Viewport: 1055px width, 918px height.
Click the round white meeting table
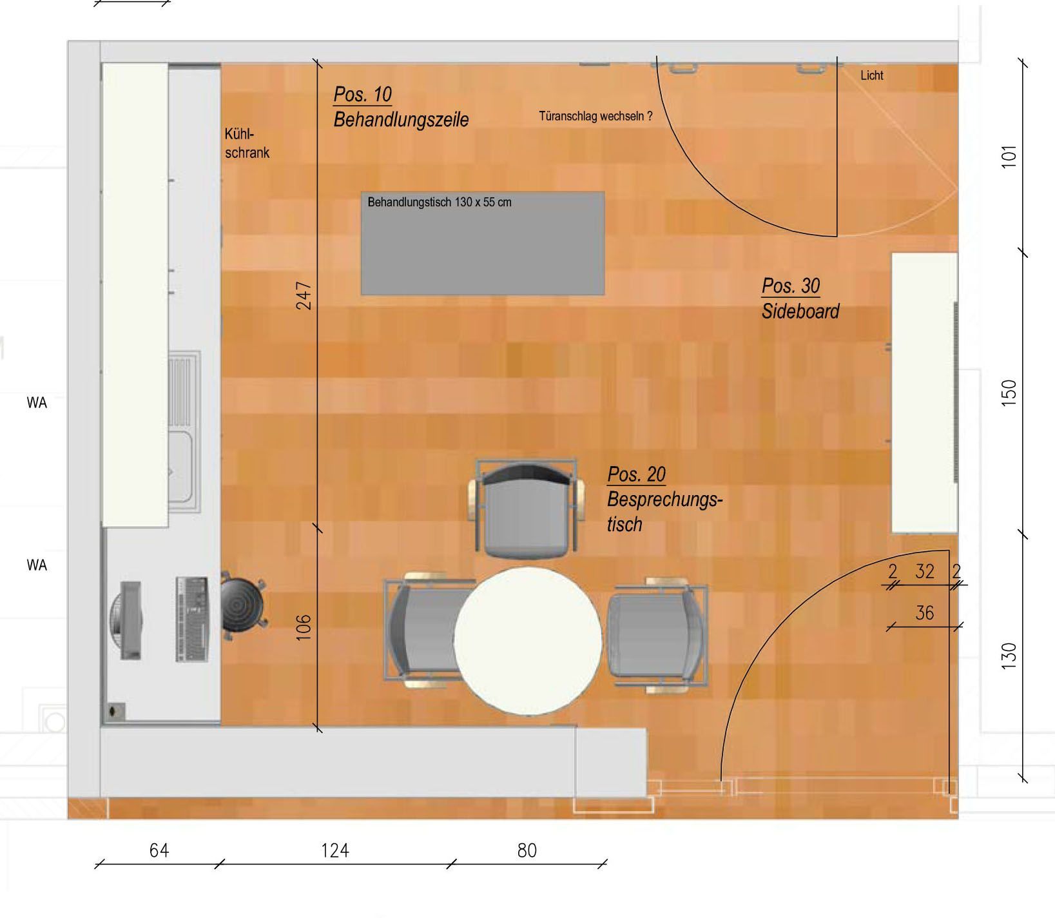point(528,641)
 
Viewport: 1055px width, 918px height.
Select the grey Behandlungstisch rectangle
point(483,243)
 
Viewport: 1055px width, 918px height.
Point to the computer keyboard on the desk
point(193,619)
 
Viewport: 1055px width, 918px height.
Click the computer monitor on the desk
point(128,620)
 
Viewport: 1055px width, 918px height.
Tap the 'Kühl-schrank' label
point(247,144)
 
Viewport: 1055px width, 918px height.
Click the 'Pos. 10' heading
point(363,95)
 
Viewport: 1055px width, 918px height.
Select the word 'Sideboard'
point(800,311)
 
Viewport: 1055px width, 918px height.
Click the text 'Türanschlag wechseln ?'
point(595,117)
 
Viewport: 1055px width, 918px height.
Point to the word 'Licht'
point(872,75)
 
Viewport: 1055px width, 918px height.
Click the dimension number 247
point(304,295)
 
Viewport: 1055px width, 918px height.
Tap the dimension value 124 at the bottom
point(335,850)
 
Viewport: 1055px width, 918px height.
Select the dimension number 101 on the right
point(1009,157)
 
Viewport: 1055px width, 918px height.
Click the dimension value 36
point(925,613)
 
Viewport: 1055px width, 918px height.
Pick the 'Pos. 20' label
point(637,475)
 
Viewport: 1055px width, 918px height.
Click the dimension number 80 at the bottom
point(527,850)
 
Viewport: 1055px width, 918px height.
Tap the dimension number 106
point(304,627)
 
